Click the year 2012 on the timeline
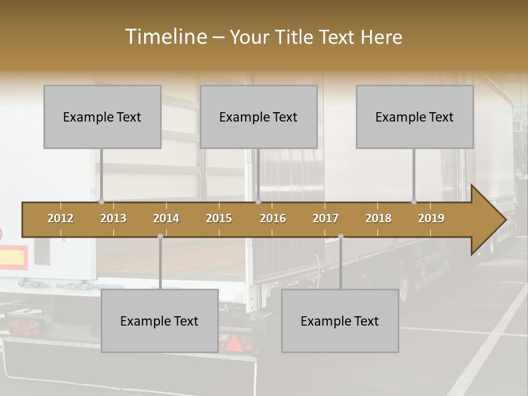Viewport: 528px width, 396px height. pos(61,218)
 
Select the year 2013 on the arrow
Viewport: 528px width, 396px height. pos(113,218)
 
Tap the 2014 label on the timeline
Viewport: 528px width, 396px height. pos(166,218)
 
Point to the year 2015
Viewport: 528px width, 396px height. pos(219,218)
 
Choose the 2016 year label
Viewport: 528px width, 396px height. pos(273,218)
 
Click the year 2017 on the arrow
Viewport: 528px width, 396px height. pos(326,218)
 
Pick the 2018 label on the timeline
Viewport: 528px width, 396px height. pos(378,218)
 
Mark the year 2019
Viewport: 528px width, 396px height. pos(431,218)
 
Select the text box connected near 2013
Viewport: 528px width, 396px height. pos(102,117)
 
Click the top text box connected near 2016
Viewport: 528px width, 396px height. pos(258,117)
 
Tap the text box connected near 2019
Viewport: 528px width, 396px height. pos(415,117)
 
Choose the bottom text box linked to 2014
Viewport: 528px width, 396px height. pos(159,321)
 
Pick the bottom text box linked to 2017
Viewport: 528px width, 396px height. pos(340,321)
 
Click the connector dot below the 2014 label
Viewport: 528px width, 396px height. pos(160,237)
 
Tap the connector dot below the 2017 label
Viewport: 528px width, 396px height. pos(340,237)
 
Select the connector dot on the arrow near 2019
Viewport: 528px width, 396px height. pos(414,202)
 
